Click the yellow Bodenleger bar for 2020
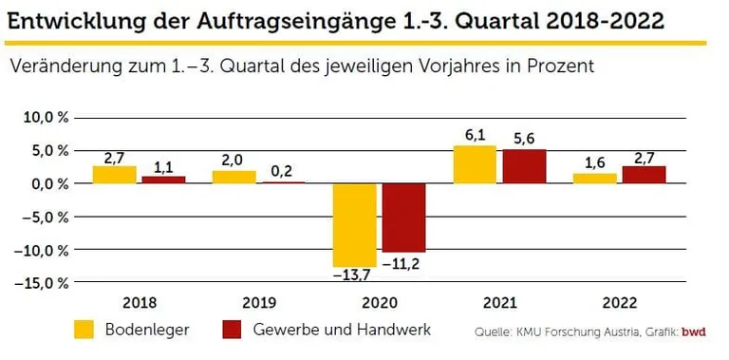354,224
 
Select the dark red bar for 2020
404,218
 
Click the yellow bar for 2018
114,175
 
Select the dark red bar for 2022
645,175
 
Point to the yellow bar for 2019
234,178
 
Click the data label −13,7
352,275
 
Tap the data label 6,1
476,136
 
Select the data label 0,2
280,172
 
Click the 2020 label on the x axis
379,303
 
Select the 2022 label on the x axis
619,303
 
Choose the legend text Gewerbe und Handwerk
342,330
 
